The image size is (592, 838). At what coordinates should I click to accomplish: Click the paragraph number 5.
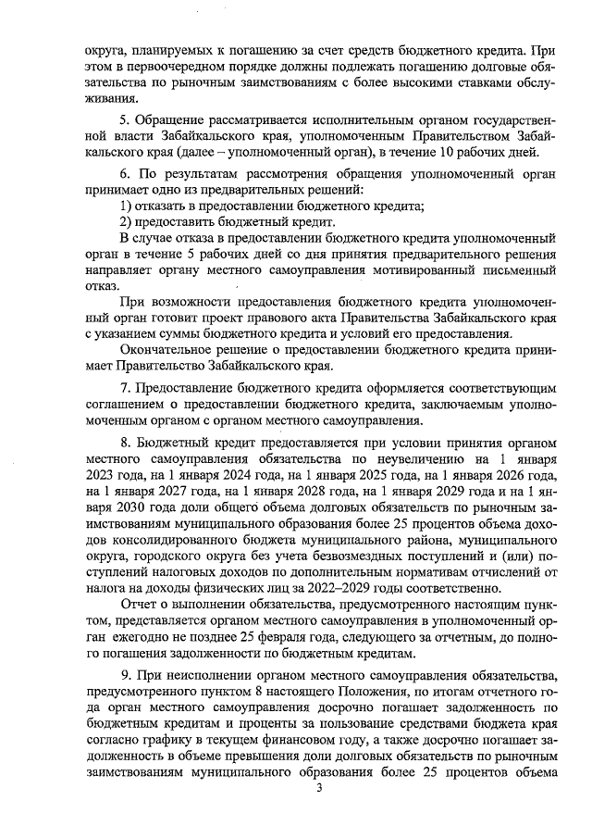point(126,121)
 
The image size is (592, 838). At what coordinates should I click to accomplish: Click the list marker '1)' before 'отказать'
point(129,205)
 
